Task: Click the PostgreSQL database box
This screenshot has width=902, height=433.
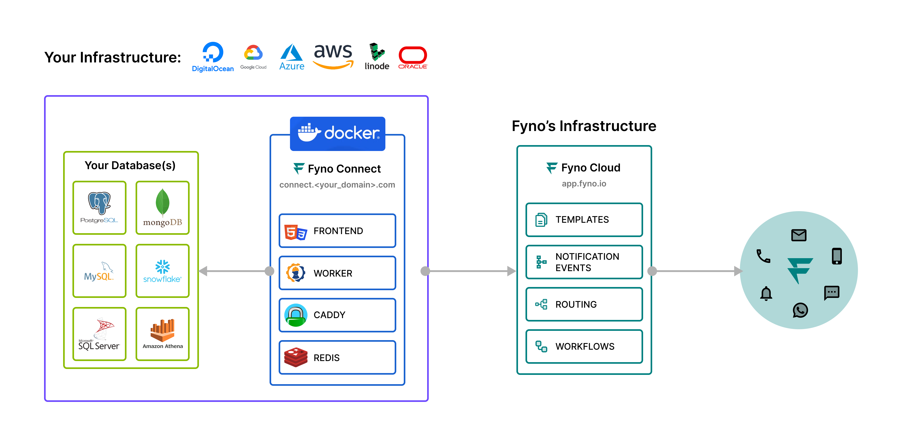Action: [99, 208]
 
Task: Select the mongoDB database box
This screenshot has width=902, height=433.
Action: [162, 208]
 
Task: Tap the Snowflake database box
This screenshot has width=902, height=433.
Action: [162, 271]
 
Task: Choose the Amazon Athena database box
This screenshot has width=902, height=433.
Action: [162, 334]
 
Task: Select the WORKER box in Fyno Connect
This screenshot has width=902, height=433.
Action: [337, 273]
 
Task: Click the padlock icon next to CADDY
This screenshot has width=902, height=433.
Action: [296, 315]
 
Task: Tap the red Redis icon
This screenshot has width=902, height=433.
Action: [296, 357]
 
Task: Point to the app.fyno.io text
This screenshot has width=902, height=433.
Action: [584, 183]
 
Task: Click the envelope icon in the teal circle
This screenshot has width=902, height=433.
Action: [799, 235]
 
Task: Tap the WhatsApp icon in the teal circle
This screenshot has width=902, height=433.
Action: [800, 310]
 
